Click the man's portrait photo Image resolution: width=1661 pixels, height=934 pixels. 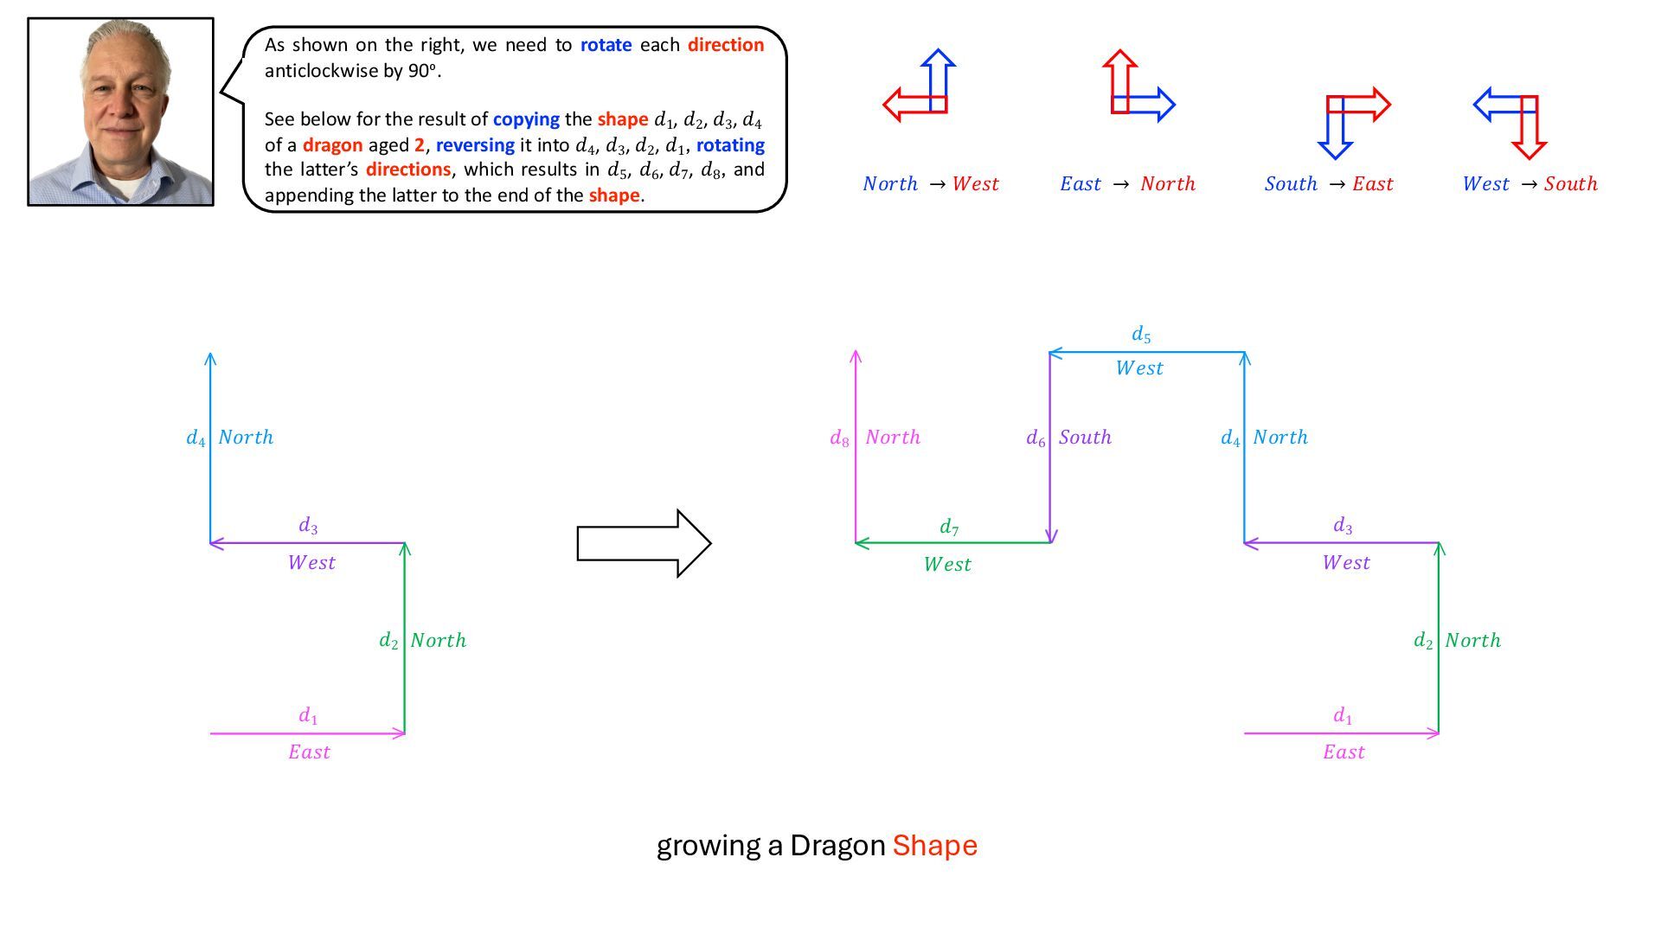[120, 112]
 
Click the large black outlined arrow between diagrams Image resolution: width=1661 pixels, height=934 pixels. [644, 543]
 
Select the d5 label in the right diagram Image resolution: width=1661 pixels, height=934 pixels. [1141, 335]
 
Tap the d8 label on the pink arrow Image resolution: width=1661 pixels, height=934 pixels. [839, 438]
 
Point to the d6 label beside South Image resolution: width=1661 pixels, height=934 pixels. [1036, 438]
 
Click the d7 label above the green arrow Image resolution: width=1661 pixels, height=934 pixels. [949, 527]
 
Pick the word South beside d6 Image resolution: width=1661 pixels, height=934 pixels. [1085, 438]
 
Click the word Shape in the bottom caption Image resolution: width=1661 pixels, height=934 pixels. [934, 845]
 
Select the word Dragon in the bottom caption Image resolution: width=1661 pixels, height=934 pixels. [837, 845]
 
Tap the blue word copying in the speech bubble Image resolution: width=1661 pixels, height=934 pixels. [526, 119]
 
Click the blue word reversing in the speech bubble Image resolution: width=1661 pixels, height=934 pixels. [475, 144]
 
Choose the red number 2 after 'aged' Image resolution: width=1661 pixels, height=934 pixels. [420, 144]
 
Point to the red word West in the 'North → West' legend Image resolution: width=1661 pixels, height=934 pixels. [975, 183]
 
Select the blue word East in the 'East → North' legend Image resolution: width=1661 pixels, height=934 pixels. [1081, 183]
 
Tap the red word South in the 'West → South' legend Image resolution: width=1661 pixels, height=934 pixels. [1570, 183]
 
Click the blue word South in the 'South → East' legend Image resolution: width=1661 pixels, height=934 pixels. [1290, 183]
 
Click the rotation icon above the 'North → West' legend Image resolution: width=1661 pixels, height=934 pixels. [920, 86]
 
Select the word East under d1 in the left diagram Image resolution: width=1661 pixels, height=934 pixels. [309, 752]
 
